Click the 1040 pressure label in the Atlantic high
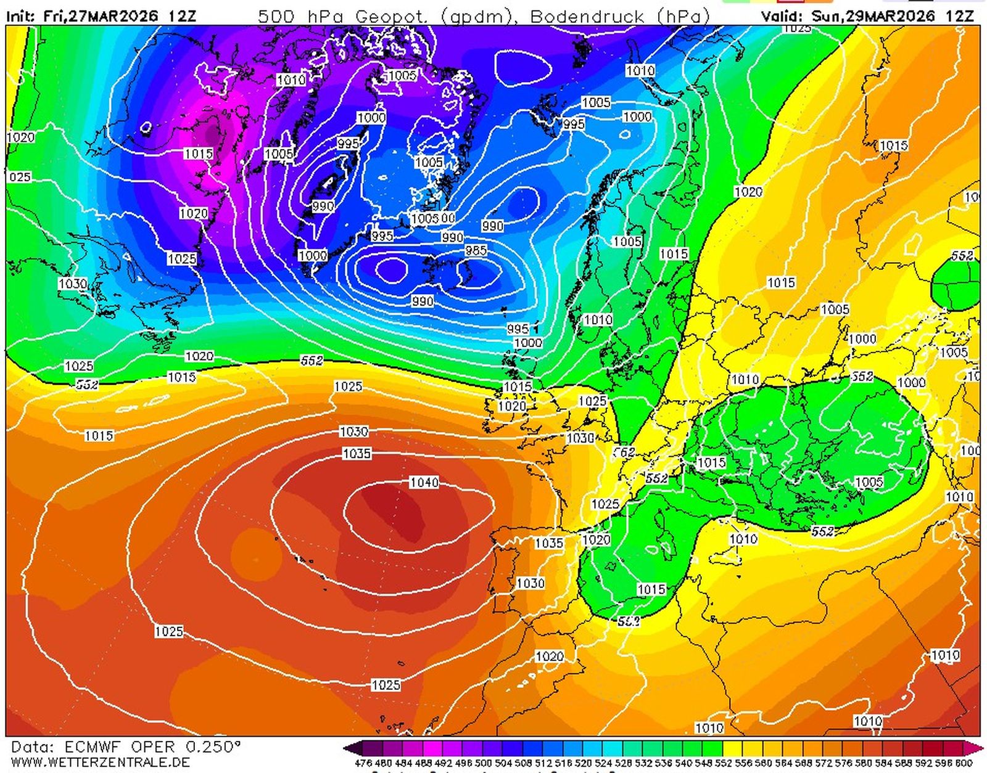pyautogui.click(x=424, y=482)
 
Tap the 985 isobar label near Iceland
pyautogui.click(x=476, y=250)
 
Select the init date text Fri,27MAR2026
pyautogui.click(x=101, y=17)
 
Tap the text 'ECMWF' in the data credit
pyautogui.click(x=93, y=747)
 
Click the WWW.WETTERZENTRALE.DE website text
pyautogui.click(x=100, y=763)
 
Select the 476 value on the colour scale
pyautogui.click(x=363, y=763)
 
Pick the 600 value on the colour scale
pyautogui.click(x=964, y=763)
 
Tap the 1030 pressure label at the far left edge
pyautogui.click(x=72, y=284)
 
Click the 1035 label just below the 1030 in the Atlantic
pyautogui.click(x=357, y=454)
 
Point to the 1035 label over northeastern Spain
pyautogui.click(x=548, y=543)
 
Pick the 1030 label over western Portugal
pyautogui.click(x=530, y=583)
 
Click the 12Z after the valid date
pyautogui.click(x=959, y=17)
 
